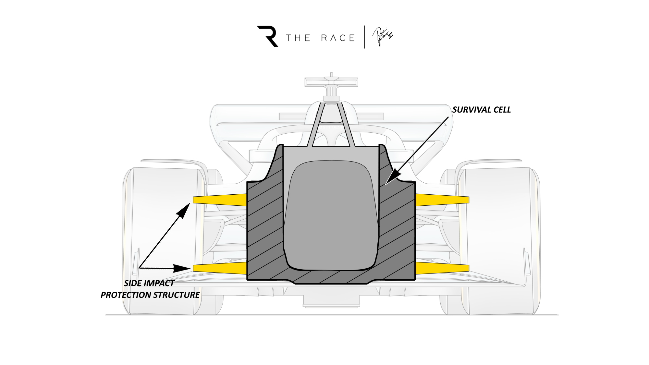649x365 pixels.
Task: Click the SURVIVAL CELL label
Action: point(481,110)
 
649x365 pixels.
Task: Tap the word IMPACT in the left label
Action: point(159,283)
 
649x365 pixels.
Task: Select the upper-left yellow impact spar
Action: point(220,200)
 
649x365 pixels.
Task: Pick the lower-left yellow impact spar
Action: point(220,268)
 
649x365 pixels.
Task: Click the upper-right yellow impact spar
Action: point(442,200)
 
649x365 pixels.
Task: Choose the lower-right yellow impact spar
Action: point(442,268)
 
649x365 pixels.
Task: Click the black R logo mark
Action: point(268,36)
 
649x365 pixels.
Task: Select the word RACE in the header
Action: point(338,38)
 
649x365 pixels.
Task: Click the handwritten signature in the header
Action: point(383,37)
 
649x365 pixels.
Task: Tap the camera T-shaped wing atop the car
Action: point(331,82)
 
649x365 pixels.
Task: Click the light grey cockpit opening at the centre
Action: point(331,214)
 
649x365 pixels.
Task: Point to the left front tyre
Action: point(162,240)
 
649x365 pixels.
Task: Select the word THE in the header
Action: point(298,38)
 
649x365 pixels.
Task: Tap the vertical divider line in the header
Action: point(365,37)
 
